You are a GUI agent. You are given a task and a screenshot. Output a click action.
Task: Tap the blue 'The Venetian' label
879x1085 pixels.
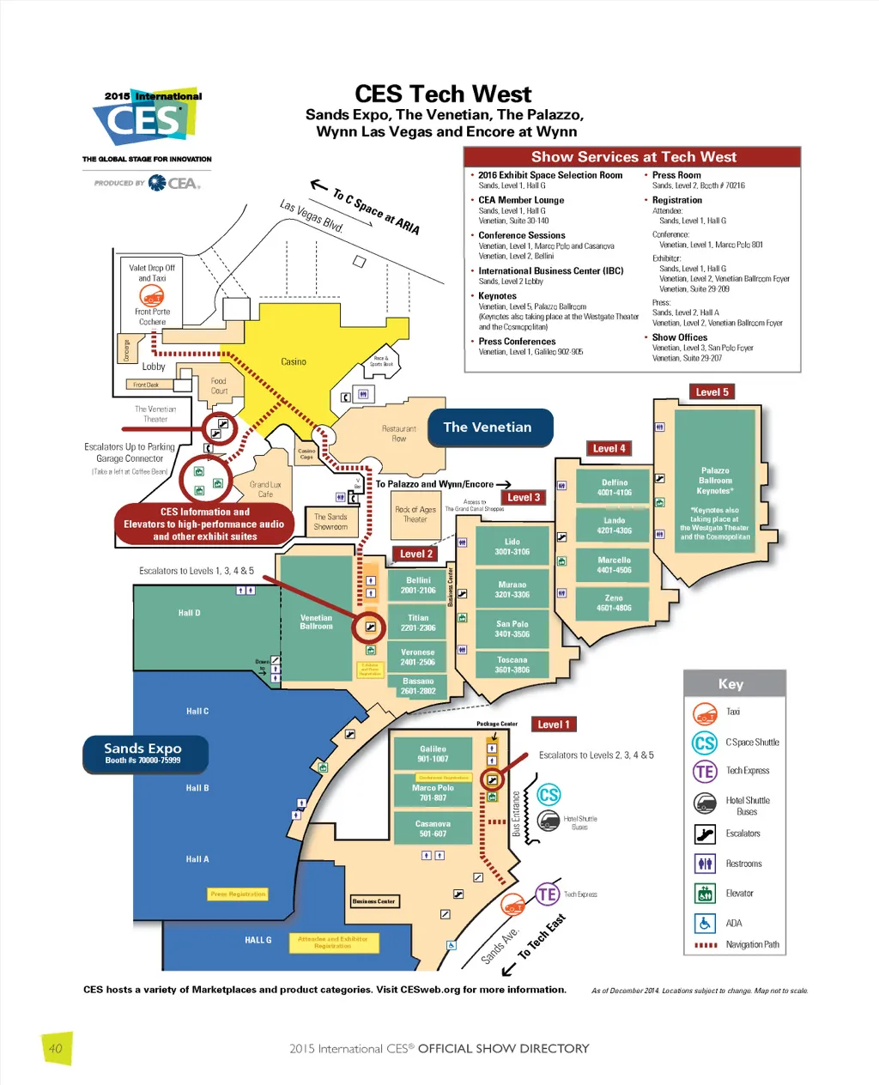[x=488, y=427]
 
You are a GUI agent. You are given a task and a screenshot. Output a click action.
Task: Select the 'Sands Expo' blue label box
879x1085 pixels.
[x=143, y=753]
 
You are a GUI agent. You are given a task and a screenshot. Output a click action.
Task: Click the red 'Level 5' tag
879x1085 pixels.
[x=712, y=392]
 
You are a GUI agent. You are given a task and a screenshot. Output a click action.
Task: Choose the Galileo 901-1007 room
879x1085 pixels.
[x=433, y=754]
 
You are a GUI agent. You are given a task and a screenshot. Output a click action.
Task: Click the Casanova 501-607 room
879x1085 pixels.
[x=433, y=828]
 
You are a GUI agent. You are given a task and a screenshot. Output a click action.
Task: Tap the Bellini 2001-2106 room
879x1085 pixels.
[x=418, y=585]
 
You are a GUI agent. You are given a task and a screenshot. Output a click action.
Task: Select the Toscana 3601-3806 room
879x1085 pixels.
[x=512, y=665]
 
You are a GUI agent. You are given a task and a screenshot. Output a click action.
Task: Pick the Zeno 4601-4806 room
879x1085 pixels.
[x=614, y=603]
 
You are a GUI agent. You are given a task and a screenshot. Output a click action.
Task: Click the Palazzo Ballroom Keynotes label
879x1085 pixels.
[x=715, y=481]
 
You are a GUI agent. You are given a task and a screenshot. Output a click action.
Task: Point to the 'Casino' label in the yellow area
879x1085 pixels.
[x=294, y=362]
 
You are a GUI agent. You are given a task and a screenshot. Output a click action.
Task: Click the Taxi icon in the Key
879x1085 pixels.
[x=706, y=712]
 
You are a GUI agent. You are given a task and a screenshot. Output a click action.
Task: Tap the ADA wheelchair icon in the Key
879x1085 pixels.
[x=705, y=923]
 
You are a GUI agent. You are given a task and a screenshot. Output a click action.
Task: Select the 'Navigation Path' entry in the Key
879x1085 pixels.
[x=752, y=945]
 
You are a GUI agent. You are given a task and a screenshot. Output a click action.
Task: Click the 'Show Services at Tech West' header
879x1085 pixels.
[x=633, y=157]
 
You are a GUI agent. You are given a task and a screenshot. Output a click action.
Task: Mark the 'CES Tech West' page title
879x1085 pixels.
[x=443, y=94]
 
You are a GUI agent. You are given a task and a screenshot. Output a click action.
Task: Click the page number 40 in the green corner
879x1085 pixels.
[x=56, y=1048]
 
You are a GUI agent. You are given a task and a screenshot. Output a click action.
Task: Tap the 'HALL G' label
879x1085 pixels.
[x=258, y=940]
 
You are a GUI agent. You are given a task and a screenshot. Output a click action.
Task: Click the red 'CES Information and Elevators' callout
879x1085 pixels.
[x=204, y=524]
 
